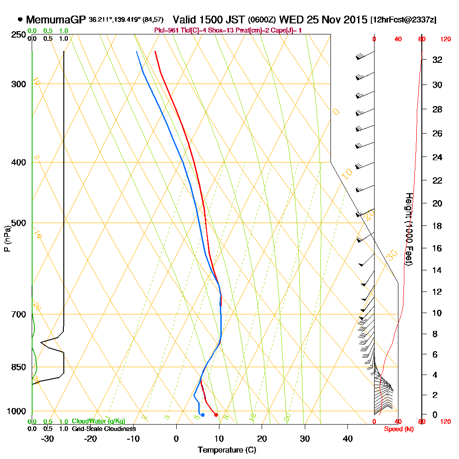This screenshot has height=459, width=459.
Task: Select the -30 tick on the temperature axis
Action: pyautogui.click(x=47, y=439)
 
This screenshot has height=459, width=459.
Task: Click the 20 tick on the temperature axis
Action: pyautogui.click(x=262, y=439)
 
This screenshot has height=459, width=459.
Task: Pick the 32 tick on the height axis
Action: pyautogui.click(x=437, y=60)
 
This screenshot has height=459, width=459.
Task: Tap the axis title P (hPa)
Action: pyautogui.click(x=7, y=238)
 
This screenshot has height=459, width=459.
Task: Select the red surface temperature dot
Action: pyautogui.click(x=216, y=415)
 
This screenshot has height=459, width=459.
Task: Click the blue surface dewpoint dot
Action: pyautogui.click(x=202, y=415)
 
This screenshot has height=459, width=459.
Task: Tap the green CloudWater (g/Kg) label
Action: pyautogui.click(x=98, y=421)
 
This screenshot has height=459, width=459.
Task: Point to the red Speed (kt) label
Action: pyautogui.click(x=398, y=429)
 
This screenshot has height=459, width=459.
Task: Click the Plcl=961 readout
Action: pyautogui.click(x=168, y=30)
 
